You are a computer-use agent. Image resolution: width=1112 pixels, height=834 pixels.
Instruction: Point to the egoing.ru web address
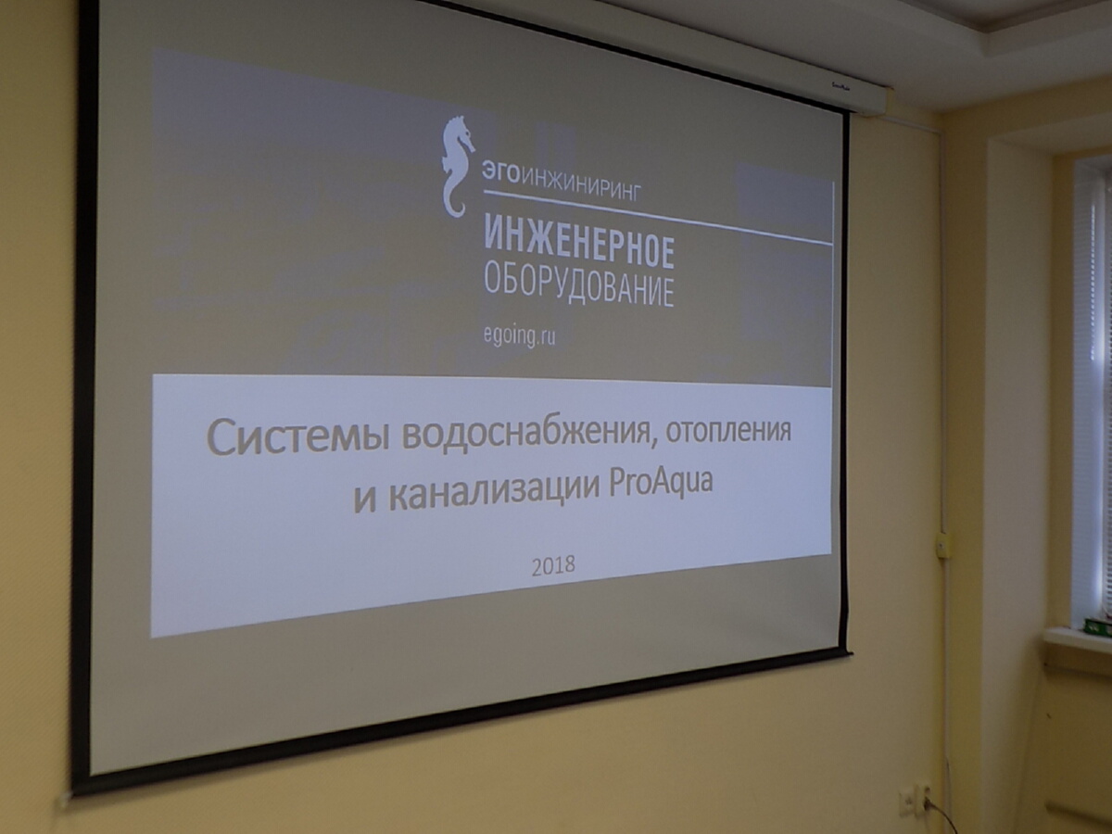[520, 336]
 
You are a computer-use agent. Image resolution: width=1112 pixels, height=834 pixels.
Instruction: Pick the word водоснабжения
[525, 437]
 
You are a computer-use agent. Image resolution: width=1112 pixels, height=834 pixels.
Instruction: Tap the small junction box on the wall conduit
[942, 544]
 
